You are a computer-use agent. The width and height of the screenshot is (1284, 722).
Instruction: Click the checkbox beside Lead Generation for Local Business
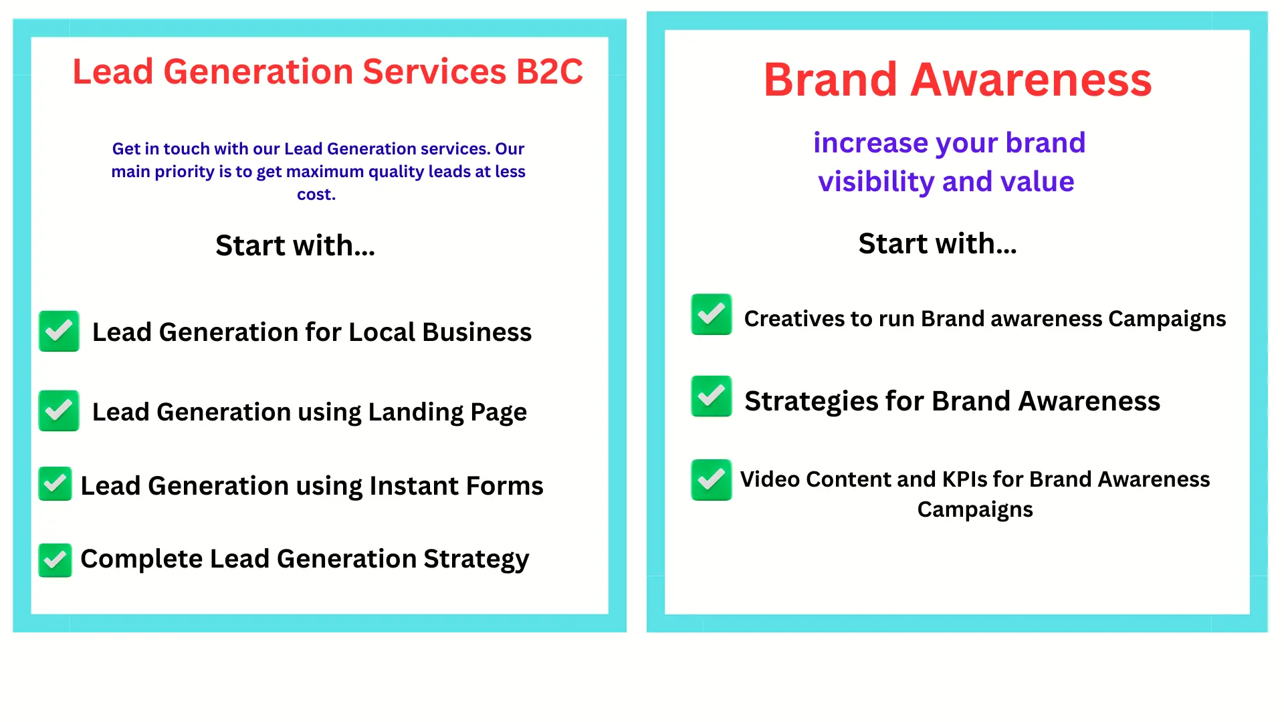[x=59, y=331]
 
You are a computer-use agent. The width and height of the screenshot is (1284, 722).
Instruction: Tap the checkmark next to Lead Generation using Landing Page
[x=59, y=410]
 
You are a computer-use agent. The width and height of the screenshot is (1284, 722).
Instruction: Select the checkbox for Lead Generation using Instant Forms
[x=55, y=483]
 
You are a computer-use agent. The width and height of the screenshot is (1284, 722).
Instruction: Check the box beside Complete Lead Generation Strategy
[x=55, y=560]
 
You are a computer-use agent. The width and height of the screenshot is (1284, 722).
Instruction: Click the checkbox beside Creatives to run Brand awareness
[x=712, y=314]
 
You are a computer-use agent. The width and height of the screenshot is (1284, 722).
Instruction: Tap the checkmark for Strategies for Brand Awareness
[x=712, y=396]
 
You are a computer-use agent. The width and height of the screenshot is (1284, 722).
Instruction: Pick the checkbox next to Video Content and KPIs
[x=712, y=480]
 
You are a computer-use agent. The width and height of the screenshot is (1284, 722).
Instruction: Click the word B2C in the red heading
[x=550, y=72]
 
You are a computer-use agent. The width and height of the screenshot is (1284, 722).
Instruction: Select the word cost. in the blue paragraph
[x=316, y=195]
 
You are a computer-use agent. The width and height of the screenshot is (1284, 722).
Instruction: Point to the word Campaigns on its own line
[x=975, y=510]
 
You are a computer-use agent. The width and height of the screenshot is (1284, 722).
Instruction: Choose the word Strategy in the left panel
[x=476, y=560]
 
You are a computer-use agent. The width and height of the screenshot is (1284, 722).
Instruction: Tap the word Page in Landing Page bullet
[x=498, y=412]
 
